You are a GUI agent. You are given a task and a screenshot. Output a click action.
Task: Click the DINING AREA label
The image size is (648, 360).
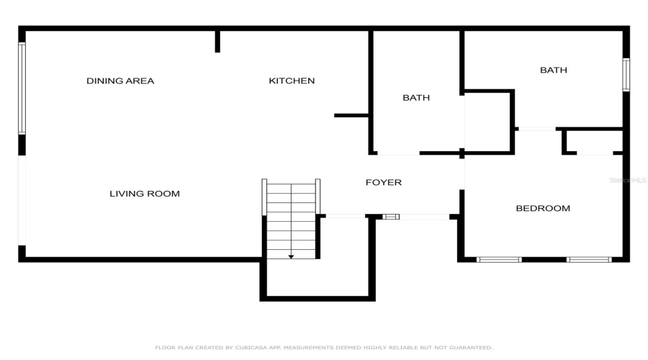click(120, 81)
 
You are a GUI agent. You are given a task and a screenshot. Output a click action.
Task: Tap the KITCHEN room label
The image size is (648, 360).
click(292, 81)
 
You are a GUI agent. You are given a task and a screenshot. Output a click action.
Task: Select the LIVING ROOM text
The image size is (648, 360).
click(144, 194)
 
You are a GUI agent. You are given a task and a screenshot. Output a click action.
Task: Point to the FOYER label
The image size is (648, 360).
click(383, 182)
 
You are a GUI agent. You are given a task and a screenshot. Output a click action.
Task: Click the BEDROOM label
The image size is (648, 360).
click(543, 208)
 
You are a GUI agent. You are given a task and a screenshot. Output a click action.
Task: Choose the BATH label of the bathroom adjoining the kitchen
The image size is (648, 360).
click(416, 97)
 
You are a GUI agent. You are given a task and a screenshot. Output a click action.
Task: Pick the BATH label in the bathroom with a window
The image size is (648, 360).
click(554, 70)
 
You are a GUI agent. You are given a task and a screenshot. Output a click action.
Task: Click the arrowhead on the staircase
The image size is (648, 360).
click(291, 256)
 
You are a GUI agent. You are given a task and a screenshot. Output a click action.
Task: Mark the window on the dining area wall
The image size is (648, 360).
click(22, 88)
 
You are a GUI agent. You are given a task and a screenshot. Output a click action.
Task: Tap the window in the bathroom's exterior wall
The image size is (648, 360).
click(626, 75)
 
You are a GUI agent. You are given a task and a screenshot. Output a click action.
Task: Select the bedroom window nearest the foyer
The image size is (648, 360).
click(499, 259)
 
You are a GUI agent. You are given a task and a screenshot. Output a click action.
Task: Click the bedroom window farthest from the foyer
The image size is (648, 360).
click(588, 259)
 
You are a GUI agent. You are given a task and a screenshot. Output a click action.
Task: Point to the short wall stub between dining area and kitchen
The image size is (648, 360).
click(217, 42)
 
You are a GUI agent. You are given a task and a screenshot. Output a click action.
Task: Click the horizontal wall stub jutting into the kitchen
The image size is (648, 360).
click(352, 115)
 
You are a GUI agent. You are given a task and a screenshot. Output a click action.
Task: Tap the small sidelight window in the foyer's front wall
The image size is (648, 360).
click(391, 216)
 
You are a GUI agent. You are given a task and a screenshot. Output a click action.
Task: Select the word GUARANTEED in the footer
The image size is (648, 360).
click(469, 347)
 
